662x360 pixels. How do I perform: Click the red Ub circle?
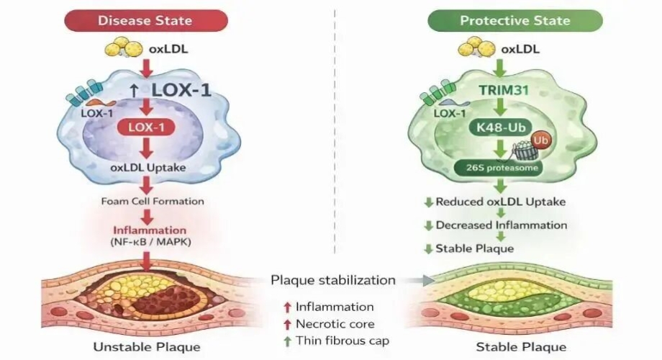coord(542,139)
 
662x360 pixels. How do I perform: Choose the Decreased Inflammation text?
coord(502,225)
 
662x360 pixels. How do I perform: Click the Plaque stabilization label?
coord(333,279)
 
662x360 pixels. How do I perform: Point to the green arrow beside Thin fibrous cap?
coord(286,340)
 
